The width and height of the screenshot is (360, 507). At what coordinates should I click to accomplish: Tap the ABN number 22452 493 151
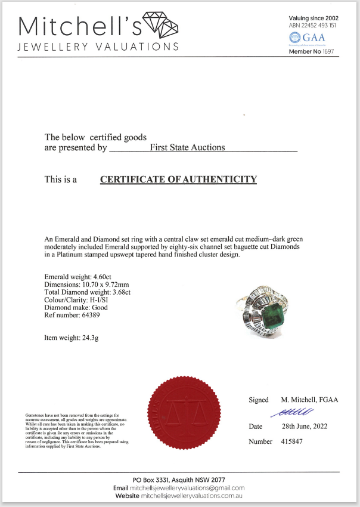pos(322,26)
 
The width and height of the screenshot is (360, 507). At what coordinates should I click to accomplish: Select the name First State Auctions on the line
pos(188,147)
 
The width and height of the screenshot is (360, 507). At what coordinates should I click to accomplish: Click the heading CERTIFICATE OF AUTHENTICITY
pos(178,179)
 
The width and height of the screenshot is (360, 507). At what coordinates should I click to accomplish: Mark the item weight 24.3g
pos(98,338)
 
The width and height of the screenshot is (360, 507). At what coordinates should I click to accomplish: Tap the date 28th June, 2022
pos(304,427)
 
